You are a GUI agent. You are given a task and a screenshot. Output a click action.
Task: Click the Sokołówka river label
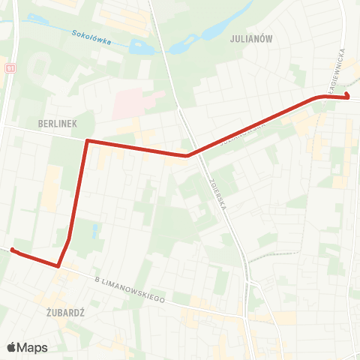[x=91, y=37]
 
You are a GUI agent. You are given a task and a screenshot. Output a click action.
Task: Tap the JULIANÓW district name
[x=252, y=39]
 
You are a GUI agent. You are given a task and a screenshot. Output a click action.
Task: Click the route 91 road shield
[x=10, y=67]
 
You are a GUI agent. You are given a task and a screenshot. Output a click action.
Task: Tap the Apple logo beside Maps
[x=11, y=347]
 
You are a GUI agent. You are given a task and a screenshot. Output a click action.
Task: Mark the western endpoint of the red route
[x=13, y=250]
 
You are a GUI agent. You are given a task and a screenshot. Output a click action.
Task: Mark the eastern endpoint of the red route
[x=348, y=96]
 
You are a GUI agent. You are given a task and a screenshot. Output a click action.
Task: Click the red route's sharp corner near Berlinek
[x=88, y=140]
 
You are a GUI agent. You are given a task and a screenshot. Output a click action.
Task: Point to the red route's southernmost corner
[x=58, y=265]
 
